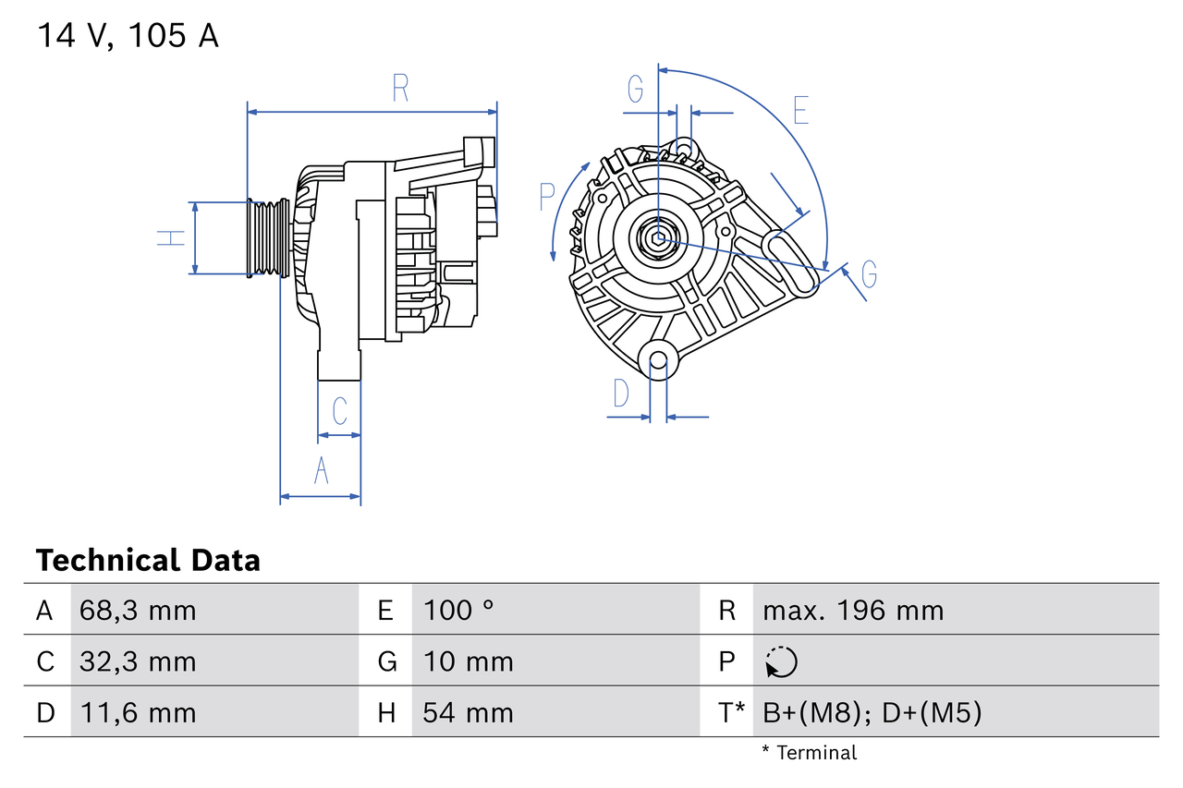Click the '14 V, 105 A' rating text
point(128,35)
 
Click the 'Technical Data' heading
point(148,560)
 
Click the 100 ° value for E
point(458,610)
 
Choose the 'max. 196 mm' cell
point(853,610)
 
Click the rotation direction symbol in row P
point(781,661)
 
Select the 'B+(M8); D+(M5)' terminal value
point(872,712)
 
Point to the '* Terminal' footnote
point(809,752)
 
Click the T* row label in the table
point(732,712)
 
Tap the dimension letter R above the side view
point(400,89)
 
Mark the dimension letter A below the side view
point(321,470)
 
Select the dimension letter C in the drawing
point(339,410)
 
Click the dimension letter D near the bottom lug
point(621,394)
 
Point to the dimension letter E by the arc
point(800,110)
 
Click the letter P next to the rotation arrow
point(546,196)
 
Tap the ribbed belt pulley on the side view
point(266,237)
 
